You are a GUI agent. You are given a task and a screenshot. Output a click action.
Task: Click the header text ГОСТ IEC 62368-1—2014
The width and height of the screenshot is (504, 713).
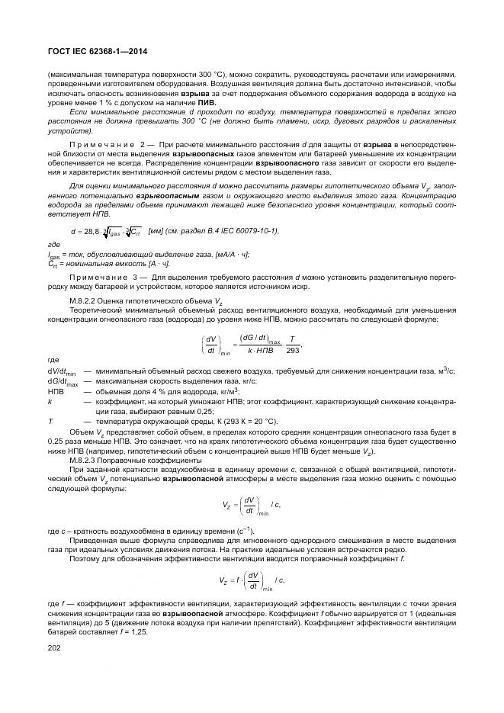pos(97,51)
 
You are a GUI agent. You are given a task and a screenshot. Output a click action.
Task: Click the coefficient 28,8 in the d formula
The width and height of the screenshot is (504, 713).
pos(91,231)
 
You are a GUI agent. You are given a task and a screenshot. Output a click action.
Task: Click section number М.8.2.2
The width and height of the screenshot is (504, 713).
pos(84,302)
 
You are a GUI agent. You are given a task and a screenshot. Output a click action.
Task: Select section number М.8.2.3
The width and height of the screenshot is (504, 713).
pos(84,461)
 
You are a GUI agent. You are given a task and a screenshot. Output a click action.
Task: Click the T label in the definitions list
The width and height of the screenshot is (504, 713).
pos(50,420)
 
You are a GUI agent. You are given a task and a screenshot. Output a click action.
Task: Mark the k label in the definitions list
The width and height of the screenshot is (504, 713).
pos(50,400)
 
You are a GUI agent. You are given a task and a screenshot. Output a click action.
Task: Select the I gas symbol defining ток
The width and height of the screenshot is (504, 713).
pos(53,255)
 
